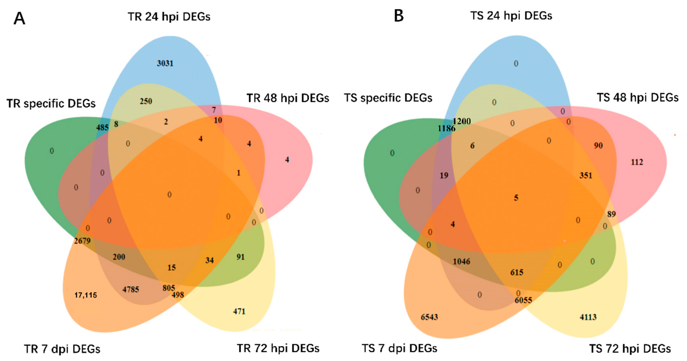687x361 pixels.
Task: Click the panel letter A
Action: (x=19, y=19)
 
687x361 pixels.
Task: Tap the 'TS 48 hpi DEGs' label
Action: (x=637, y=98)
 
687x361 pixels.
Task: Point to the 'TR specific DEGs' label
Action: (x=51, y=104)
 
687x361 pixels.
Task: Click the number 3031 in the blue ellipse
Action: (x=165, y=63)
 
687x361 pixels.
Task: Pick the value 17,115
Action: (x=86, y=295)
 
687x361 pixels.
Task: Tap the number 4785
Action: (x=131, y=289)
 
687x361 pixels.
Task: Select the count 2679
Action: (x=83, y=241)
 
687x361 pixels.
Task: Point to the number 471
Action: (x=239, y=311)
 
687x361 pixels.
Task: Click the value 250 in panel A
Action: (x=146, y=101)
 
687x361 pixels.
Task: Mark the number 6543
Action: (x=429, y=317)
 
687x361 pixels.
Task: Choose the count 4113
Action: (x=588, y=317)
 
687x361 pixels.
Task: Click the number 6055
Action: (x=523, y=300)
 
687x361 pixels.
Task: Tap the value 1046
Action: (x=461, y=261)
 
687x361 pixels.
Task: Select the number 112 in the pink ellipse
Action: (x=637, y=162)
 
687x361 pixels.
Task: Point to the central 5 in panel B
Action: (x=516, y=198)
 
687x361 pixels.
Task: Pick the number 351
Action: (x=586, y=175)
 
